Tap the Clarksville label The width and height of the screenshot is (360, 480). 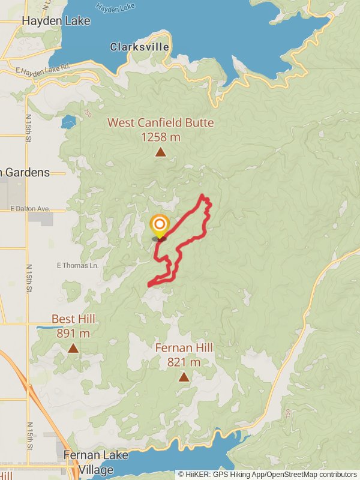[140, 47]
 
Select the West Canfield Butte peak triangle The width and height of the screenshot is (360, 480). [160, 152]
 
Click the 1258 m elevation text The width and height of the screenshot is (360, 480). [160, 137]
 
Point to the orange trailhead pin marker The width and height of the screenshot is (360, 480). [160, 227]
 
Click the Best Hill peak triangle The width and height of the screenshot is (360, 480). [73, 348]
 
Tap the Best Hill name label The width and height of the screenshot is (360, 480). [73, 319]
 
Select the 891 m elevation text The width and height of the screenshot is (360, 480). [73, 333]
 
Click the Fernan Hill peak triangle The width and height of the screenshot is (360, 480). [184, 377]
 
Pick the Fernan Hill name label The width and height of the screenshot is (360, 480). [184, 348]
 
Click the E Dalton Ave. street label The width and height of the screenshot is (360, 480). [38, 209]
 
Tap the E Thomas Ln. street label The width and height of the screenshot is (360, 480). [77, 265]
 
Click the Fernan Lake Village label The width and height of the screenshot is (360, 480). [95, 461]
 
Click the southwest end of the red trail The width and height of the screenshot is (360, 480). [149, 284]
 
